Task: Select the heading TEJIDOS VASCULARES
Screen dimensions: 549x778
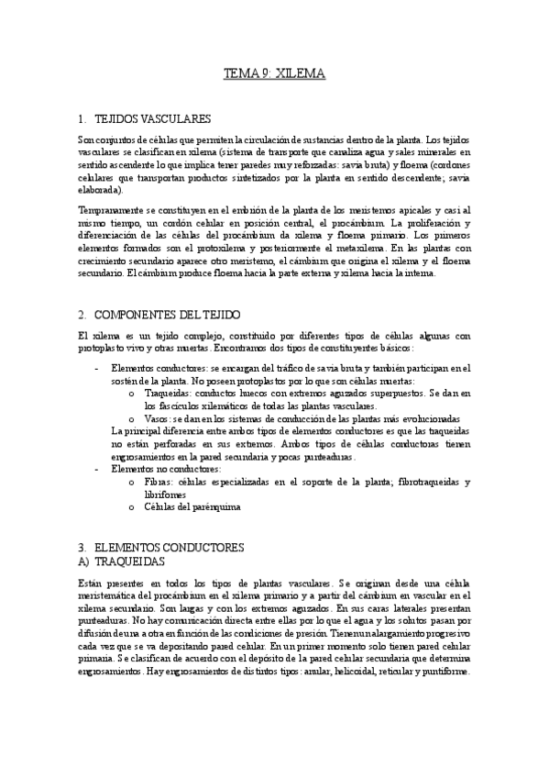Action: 152,119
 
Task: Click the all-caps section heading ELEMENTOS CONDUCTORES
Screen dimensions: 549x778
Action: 169,547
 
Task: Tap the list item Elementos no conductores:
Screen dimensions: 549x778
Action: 152,469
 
